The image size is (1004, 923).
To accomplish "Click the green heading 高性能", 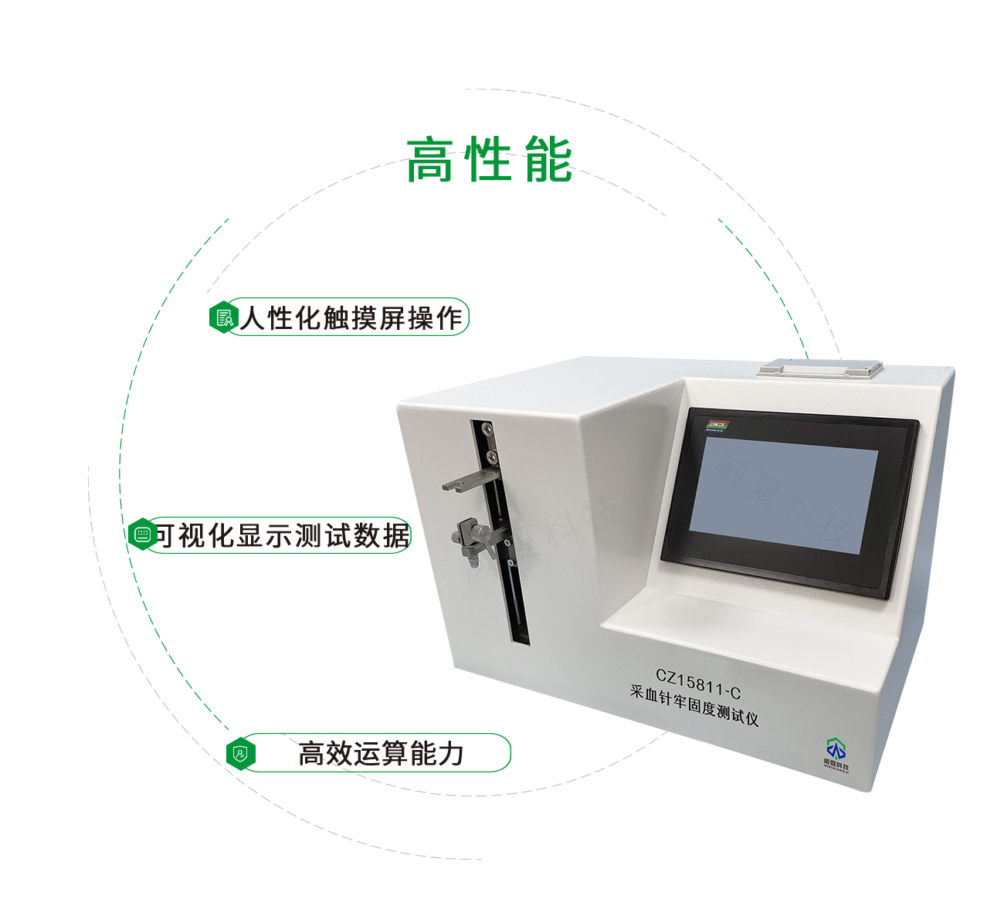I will (489, 161).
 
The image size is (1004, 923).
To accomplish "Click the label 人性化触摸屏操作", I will (351, 317).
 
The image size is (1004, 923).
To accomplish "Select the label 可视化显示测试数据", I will (282, 535).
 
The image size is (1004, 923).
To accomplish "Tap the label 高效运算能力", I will (380, 753).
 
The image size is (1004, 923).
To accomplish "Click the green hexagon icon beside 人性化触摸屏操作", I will (222, 317).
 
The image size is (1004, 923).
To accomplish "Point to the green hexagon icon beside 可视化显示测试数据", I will (142, 534).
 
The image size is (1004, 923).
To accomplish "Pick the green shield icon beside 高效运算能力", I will (241, 753).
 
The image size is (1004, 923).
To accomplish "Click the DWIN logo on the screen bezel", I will (718, 426).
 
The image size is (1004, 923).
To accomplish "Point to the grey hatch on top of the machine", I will (821, 366).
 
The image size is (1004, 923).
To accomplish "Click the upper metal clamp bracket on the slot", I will (469, 481).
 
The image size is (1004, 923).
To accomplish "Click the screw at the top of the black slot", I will (484, 427).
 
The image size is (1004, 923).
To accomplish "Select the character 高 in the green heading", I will (429, 161).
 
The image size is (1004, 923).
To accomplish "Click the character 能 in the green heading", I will (548, 161).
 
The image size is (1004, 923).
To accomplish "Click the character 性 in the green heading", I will (489, 161).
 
